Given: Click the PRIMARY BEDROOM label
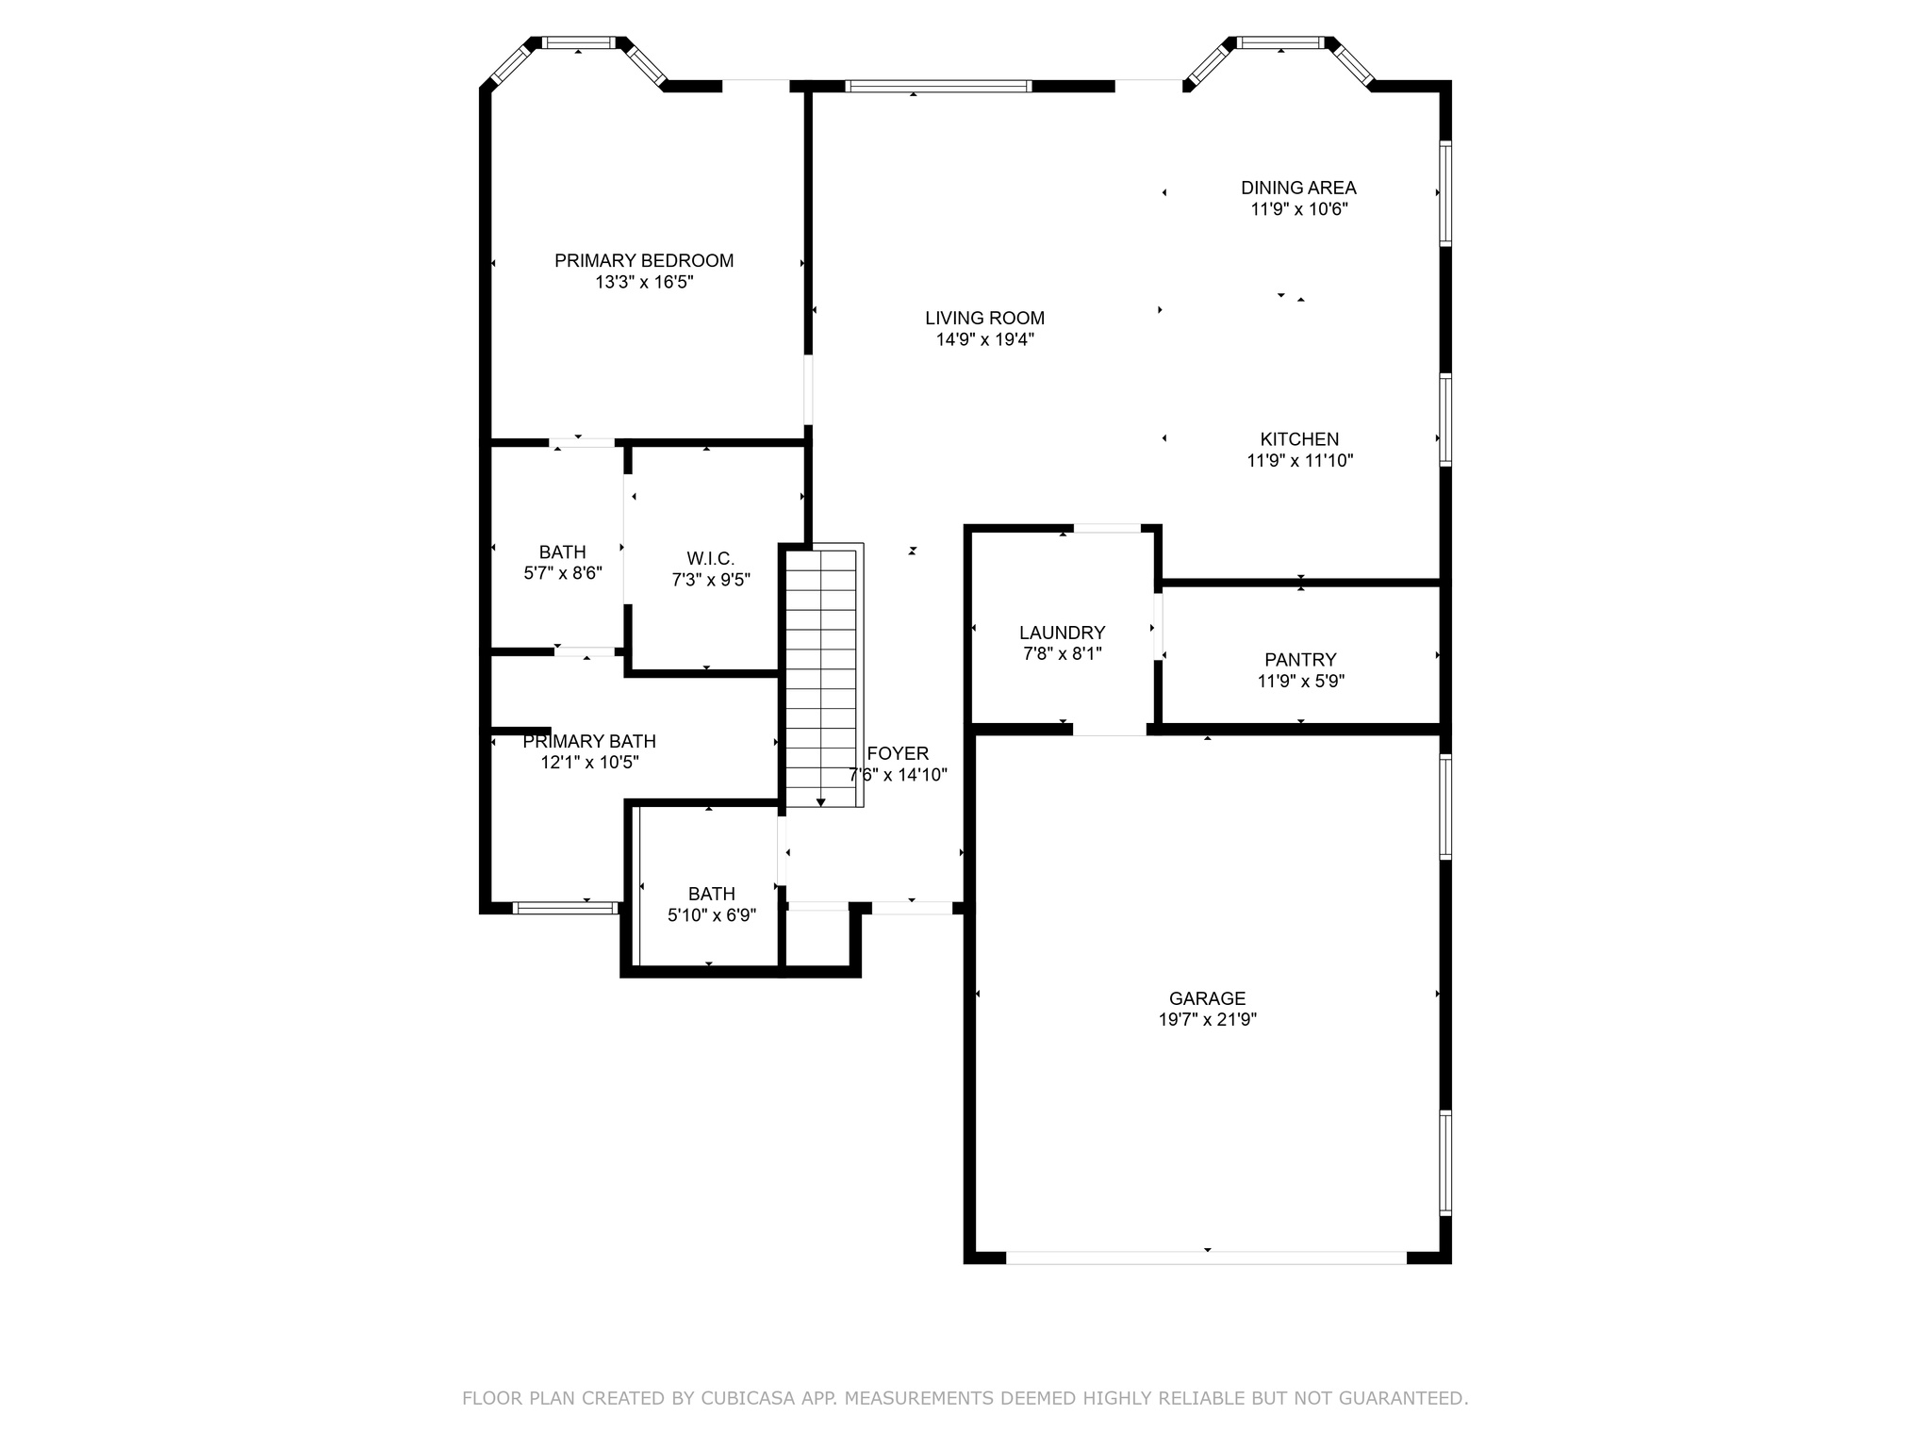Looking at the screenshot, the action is coord(644,260).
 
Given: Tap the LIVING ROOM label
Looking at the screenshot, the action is coord(984,318).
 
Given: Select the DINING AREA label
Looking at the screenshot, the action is coord(1298,188).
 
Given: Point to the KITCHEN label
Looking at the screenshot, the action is coord(1299,438).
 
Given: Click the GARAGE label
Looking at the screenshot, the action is coord(1207,997).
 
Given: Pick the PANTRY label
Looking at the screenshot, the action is coord(1300,659).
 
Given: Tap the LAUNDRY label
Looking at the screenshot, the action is coord(1062,633).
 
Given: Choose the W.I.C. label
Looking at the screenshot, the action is coord(710,559).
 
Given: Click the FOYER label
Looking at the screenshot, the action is coord(898,753).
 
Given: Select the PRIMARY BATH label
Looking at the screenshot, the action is coord(589,741).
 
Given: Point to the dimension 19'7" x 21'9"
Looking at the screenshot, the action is coord(1207,1019).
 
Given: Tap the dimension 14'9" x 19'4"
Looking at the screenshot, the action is coord(984,339).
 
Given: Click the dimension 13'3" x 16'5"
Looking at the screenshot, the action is coord(644,282).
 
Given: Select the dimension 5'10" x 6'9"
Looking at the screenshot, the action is coord(712,914).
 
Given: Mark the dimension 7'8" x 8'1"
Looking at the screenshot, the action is coord(1062,653).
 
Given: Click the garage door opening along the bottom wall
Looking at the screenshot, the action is coord(1207,1258).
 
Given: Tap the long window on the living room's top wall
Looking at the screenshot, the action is coord(938,86).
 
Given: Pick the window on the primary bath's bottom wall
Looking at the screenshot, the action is coord(566,908).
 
